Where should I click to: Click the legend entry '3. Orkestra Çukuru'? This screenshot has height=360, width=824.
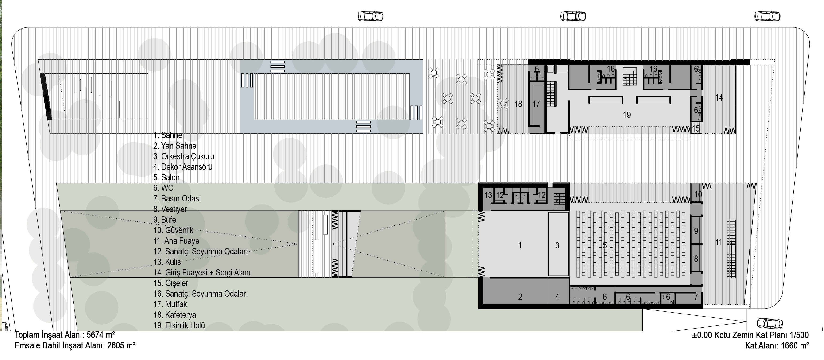(184, 156)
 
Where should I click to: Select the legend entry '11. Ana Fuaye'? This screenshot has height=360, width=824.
(176, 241)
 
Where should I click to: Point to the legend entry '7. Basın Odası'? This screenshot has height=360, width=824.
(177, 198)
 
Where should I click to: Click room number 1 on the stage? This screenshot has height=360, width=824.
(520, 245)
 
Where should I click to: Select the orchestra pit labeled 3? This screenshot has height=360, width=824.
(557, 245)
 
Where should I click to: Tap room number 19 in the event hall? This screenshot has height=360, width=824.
(627, 115)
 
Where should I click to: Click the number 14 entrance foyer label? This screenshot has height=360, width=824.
(719, 98)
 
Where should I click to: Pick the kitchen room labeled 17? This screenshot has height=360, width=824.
(536, 104)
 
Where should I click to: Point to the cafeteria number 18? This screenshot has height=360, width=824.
(518, 104)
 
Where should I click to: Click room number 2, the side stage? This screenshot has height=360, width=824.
(520, 297)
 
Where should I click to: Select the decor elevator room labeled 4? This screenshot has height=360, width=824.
(557, 297)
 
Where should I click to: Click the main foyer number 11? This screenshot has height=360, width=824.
(718, 242)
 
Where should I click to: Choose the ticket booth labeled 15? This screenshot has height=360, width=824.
(696, 128)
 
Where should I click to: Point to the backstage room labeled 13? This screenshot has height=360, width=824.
(488, 195)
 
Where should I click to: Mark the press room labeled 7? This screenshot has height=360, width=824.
(696, 297)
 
